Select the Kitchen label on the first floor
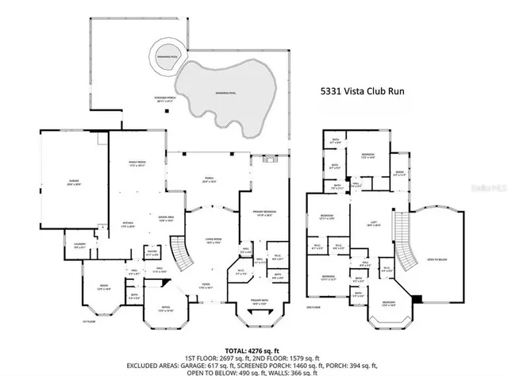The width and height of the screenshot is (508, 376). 116,224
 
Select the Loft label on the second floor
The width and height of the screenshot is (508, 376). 368,224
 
